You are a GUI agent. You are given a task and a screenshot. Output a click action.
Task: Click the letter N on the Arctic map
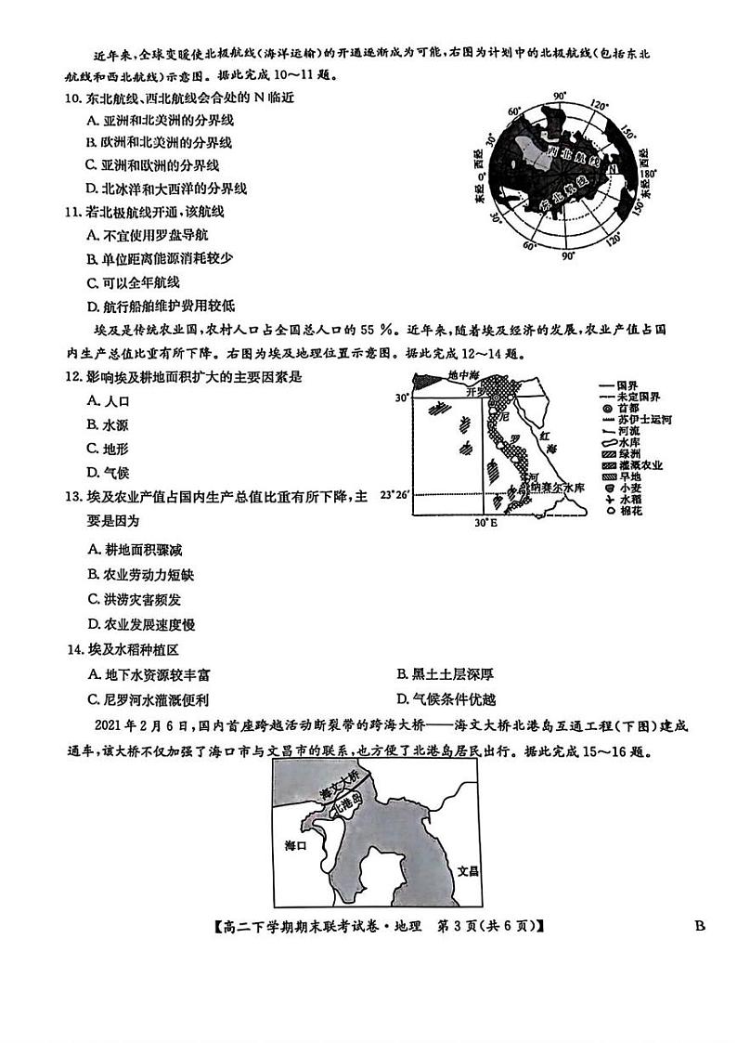(x=614, y=171)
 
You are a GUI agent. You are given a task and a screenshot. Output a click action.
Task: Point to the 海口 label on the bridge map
(x=295, y=845)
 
